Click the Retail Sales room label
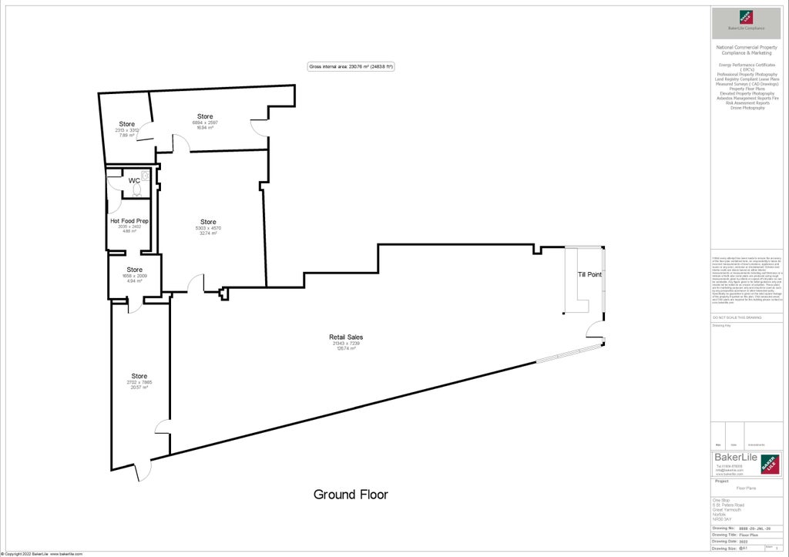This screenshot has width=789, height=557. (346, 337)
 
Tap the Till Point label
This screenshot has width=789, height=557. (589, 274)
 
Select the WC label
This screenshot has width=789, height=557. (134, 180)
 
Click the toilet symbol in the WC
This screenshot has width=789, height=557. (137, 190)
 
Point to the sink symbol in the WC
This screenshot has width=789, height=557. (145, 176)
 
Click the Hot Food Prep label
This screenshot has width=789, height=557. (129, 221)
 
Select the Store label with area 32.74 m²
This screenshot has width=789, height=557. (208, 222)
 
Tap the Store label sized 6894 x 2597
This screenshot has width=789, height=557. (205, 117)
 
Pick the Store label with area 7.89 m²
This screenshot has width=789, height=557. (127, 124)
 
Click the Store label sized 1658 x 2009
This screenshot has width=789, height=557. (135, 270)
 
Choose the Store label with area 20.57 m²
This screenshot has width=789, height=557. (139, 376)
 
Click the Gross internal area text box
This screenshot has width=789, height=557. (351, 67)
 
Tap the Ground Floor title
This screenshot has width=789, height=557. (351, 495)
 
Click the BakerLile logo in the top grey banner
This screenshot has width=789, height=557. (746, 18)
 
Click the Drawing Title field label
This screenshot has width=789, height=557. (724, 534)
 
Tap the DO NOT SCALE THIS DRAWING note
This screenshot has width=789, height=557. (737, 317)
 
